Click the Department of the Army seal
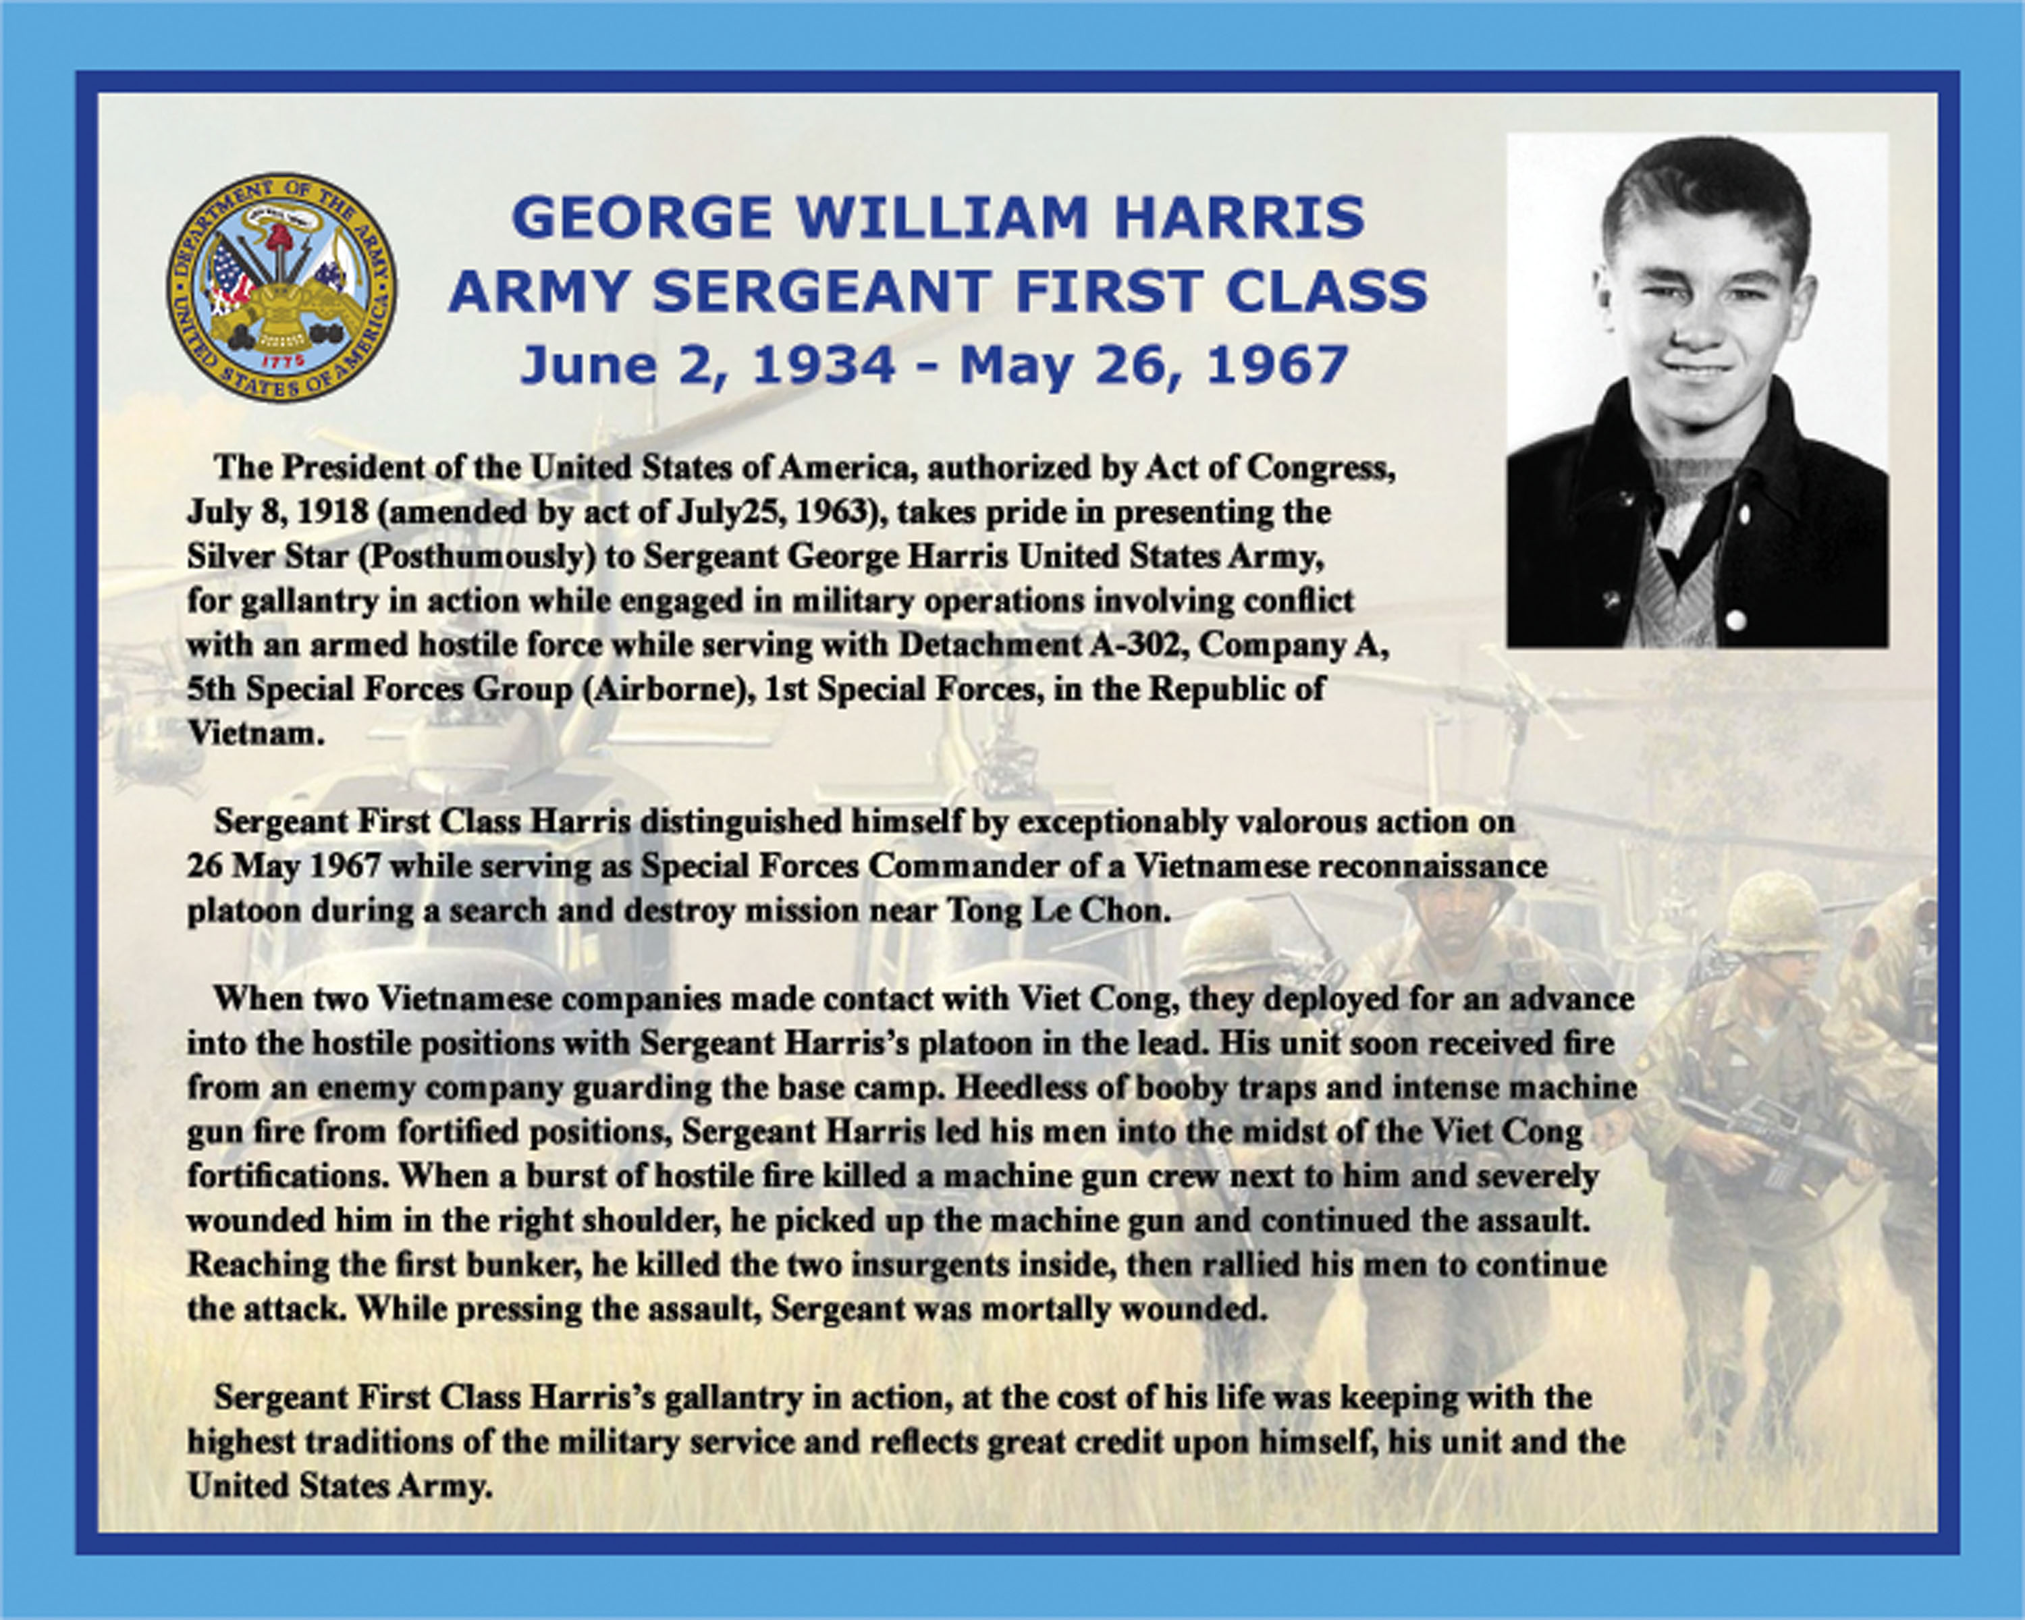tap(281, 288)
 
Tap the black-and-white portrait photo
tap(1697, 389)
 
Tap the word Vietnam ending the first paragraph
tap(255, 734)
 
